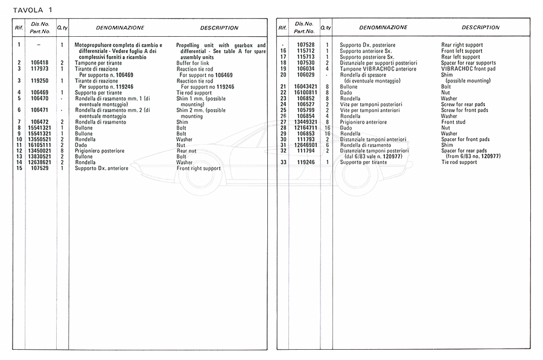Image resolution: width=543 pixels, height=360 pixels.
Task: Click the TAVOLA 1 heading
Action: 30,9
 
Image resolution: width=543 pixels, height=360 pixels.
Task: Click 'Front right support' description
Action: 198,169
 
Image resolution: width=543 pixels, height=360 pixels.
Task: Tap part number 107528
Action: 306,45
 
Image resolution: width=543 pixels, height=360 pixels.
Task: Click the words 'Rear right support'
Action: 462,45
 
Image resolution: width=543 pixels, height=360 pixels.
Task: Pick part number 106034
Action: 306,69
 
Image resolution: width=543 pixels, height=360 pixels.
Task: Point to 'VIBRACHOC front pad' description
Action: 468,69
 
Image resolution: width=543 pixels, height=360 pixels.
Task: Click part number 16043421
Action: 306,87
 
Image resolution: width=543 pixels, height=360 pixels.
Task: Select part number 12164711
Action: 306,128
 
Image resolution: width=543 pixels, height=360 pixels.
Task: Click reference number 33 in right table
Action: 282,162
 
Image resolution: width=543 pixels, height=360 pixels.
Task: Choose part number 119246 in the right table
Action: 306,162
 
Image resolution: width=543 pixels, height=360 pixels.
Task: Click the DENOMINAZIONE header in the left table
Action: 120,28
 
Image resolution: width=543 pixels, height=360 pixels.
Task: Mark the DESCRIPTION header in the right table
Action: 481,28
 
